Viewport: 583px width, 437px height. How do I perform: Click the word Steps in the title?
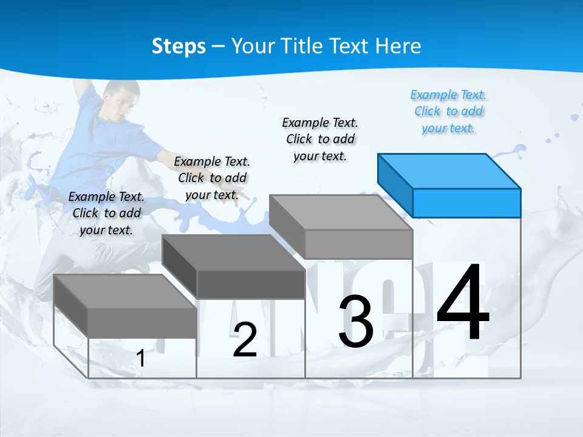pos(179,46)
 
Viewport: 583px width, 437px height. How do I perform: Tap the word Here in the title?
pos(398,46)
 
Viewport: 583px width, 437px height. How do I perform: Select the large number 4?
pos(463,303)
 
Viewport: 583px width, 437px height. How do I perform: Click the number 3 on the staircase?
pos(355,322)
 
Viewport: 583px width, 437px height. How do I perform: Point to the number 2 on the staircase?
pos(245,340)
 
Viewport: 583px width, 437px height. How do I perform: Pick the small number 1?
pos(141,359)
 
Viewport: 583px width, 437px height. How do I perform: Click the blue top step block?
pos(449,185)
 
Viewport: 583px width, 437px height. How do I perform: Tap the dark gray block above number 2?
pos(234,266)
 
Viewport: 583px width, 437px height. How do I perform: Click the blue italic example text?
pos(449,112)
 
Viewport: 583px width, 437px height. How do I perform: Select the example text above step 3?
pos(320,139)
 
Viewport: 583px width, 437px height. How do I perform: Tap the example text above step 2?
pos(212,178)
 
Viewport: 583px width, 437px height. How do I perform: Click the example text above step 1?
pos(106,213)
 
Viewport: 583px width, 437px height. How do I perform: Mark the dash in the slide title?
pos(219,47)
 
